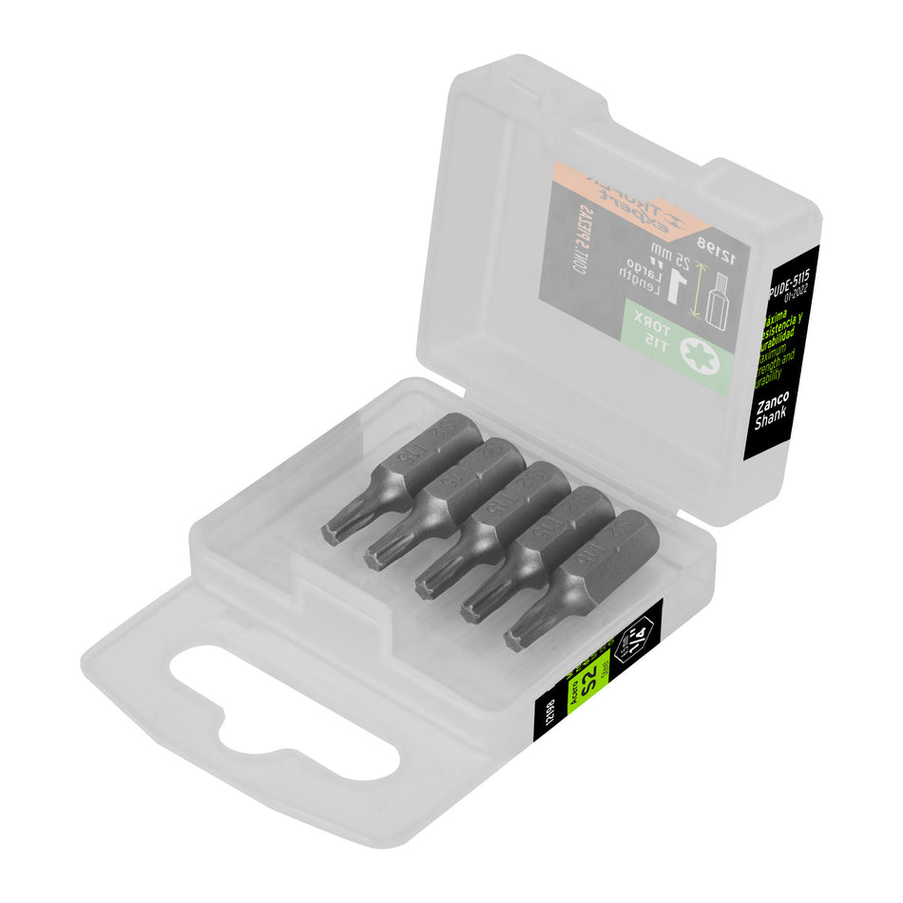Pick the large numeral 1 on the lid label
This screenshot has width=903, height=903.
tap(676, 284)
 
